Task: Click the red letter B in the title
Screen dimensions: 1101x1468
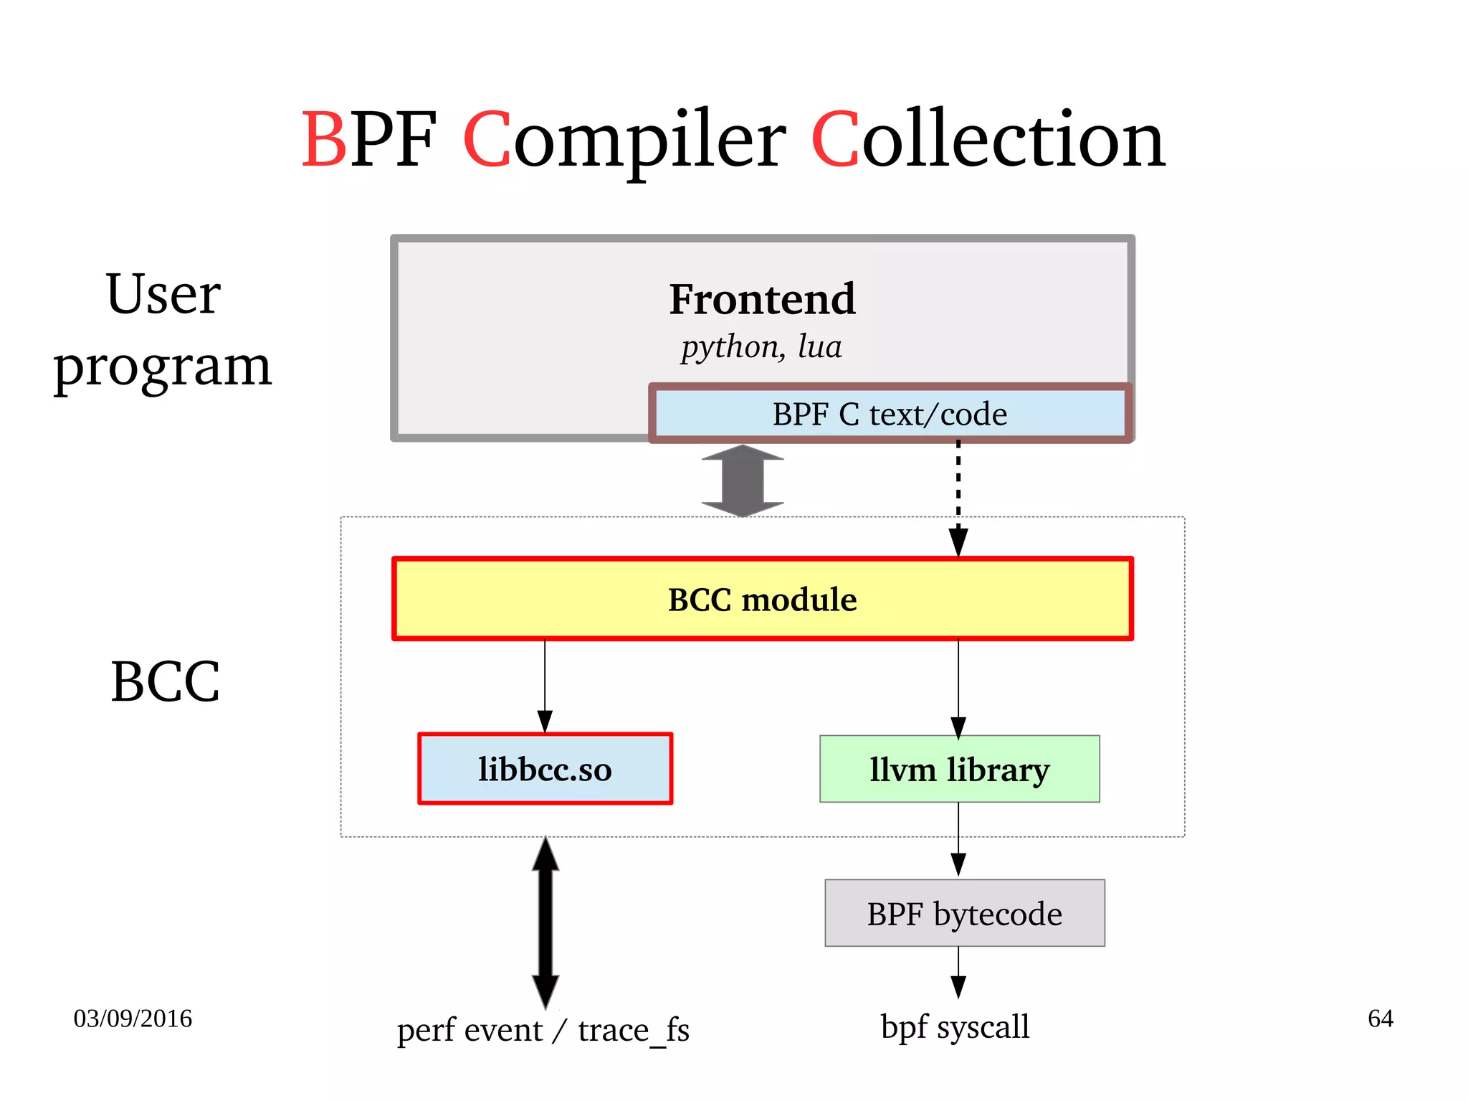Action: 324,140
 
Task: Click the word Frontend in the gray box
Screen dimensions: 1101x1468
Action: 762,299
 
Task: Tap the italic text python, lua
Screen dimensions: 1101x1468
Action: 761,347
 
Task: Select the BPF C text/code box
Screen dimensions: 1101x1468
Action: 890,415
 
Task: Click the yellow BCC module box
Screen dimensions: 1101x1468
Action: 762,599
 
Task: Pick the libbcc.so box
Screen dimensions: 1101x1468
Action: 545,769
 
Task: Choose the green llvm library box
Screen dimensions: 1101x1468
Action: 959,769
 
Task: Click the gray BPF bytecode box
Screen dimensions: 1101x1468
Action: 964,913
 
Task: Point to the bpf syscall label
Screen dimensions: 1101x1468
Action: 955,1026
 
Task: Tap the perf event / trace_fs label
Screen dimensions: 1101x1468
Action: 543,1030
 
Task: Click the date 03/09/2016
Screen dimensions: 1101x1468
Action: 133,1019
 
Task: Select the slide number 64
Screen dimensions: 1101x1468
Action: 1380,1019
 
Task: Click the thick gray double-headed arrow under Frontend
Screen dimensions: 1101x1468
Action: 743,481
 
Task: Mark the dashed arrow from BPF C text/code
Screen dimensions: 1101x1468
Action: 958,495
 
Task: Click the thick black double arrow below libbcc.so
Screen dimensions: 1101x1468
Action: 545,922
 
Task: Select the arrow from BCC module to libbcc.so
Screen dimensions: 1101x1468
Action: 545,685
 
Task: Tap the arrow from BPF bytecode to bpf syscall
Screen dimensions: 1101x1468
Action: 958,972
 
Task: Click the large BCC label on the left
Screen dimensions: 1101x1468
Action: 165,681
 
